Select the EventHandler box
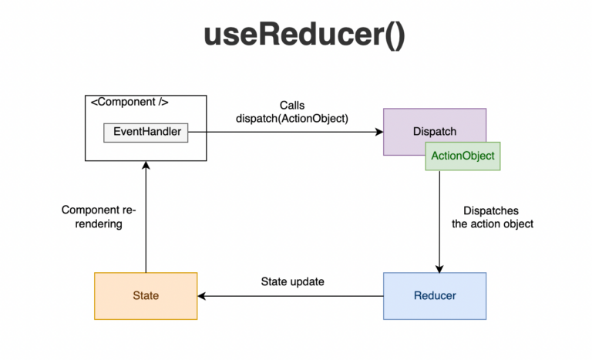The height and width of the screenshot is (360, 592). pos(146,132)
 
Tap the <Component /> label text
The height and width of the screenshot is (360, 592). pos(129,102)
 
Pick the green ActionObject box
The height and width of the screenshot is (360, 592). pos(462,156)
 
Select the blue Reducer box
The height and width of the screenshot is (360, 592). pos(435,295)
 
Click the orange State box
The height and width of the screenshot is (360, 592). pos(146,295)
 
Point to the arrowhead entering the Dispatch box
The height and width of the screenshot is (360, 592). pos(379,132)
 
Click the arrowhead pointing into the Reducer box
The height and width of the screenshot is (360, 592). pos(439,268)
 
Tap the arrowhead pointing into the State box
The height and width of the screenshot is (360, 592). pos(202,295)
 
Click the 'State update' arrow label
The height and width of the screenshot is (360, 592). pos(292,281)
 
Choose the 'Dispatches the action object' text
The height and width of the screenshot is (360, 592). pos(498,217)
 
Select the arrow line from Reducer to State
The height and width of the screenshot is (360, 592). pos(293,295)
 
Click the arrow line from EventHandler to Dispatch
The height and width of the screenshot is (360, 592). pos(285,132)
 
